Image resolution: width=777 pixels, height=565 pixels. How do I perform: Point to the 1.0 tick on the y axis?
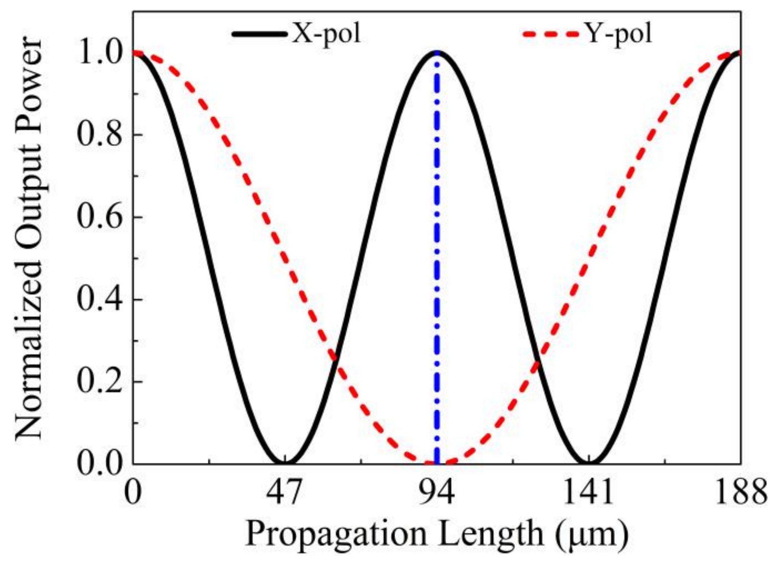tap(99, 54)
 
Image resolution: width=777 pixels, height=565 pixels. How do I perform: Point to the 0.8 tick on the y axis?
tap(99, 135)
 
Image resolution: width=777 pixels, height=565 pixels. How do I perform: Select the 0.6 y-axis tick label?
tap(99, 218)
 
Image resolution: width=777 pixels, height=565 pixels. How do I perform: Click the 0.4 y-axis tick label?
tap(99, 300)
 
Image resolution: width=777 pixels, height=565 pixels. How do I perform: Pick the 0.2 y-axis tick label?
tap(99, 382)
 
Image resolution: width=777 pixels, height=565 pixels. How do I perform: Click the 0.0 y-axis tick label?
tap(99, 464)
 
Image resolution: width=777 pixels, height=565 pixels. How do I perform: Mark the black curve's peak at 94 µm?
tap(437, 54)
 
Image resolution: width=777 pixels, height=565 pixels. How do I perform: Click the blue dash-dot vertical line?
tap(437, 255)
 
